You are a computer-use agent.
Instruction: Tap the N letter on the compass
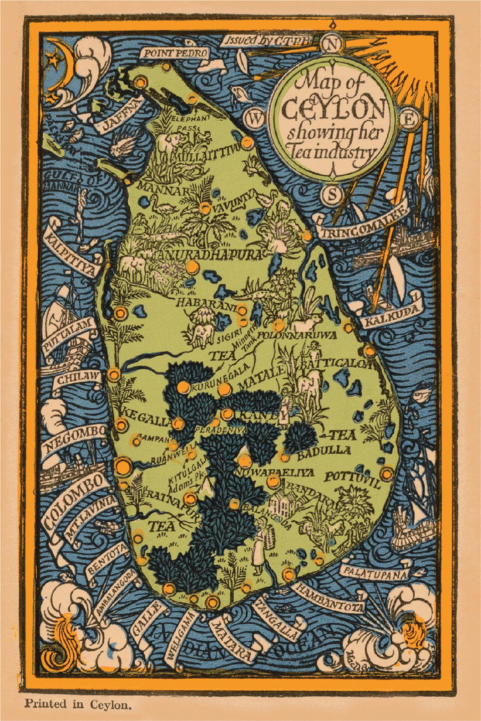332,45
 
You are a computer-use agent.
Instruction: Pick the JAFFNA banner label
120,116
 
